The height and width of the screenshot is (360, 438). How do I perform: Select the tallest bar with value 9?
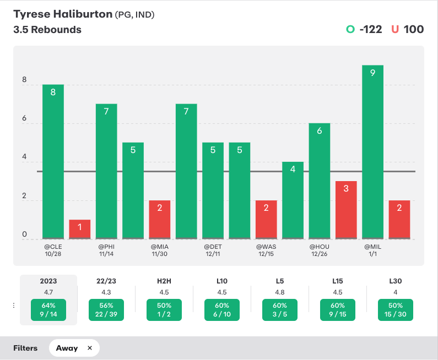(373, 152)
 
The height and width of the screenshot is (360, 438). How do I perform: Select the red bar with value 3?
(346, 210)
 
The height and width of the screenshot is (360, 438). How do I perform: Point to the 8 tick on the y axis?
(24, 80)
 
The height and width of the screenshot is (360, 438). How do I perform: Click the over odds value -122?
(370, 29)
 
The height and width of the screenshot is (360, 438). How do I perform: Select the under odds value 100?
(414, 29)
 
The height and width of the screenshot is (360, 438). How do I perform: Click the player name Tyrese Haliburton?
(62, 14)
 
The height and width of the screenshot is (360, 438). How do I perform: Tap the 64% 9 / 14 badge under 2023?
(48, 310)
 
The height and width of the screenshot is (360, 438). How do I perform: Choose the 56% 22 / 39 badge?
(106, 310)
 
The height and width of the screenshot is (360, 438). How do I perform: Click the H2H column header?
(164, 281)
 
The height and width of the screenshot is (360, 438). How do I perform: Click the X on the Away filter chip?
(89, 348)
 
